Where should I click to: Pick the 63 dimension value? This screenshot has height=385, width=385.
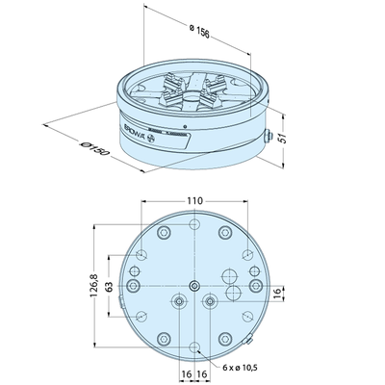(111, 287)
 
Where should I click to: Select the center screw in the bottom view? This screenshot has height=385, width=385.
(195, 286)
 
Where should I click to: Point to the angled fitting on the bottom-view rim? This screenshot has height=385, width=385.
(249, 340)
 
